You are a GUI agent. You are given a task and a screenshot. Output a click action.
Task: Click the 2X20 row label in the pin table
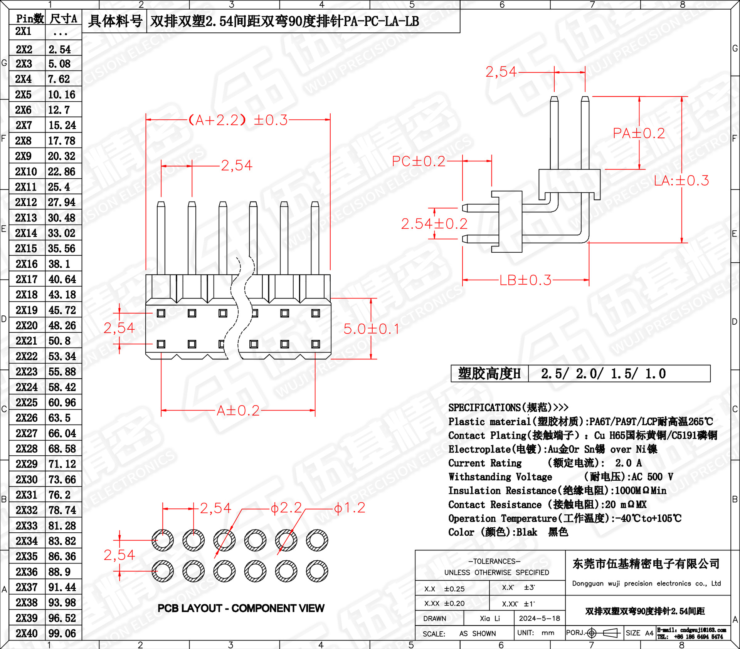point(27,325)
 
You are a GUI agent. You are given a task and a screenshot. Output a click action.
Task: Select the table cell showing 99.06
point(62,633)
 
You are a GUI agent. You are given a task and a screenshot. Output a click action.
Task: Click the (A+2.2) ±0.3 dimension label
point(238,120)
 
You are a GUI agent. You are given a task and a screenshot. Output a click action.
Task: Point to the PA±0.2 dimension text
point(639,133)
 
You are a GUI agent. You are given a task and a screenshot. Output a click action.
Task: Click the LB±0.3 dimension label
point(525,280)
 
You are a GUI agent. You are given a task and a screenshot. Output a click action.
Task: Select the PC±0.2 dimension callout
point(418,161)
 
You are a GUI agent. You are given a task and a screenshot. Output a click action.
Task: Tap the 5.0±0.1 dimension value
point(371,329)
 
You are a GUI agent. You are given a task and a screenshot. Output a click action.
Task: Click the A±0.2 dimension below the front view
point(238,411)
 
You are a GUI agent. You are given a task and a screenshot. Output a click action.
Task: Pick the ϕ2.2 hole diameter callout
point(286,508)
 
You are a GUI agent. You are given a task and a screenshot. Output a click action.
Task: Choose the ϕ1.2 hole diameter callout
point(349,508)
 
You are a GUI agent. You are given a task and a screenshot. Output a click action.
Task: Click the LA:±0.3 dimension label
point(681,180)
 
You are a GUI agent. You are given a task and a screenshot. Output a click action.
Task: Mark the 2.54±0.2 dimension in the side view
point(434,224)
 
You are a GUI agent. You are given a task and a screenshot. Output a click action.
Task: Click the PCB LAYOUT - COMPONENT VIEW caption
point(241,608)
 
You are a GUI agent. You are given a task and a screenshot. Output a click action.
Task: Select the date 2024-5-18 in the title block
point(539,618)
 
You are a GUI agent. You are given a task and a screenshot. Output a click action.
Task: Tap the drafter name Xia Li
point(489,618)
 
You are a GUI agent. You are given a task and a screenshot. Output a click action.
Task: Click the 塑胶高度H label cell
point(489,374)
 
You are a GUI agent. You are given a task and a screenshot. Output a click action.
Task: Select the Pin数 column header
point(29,18)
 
